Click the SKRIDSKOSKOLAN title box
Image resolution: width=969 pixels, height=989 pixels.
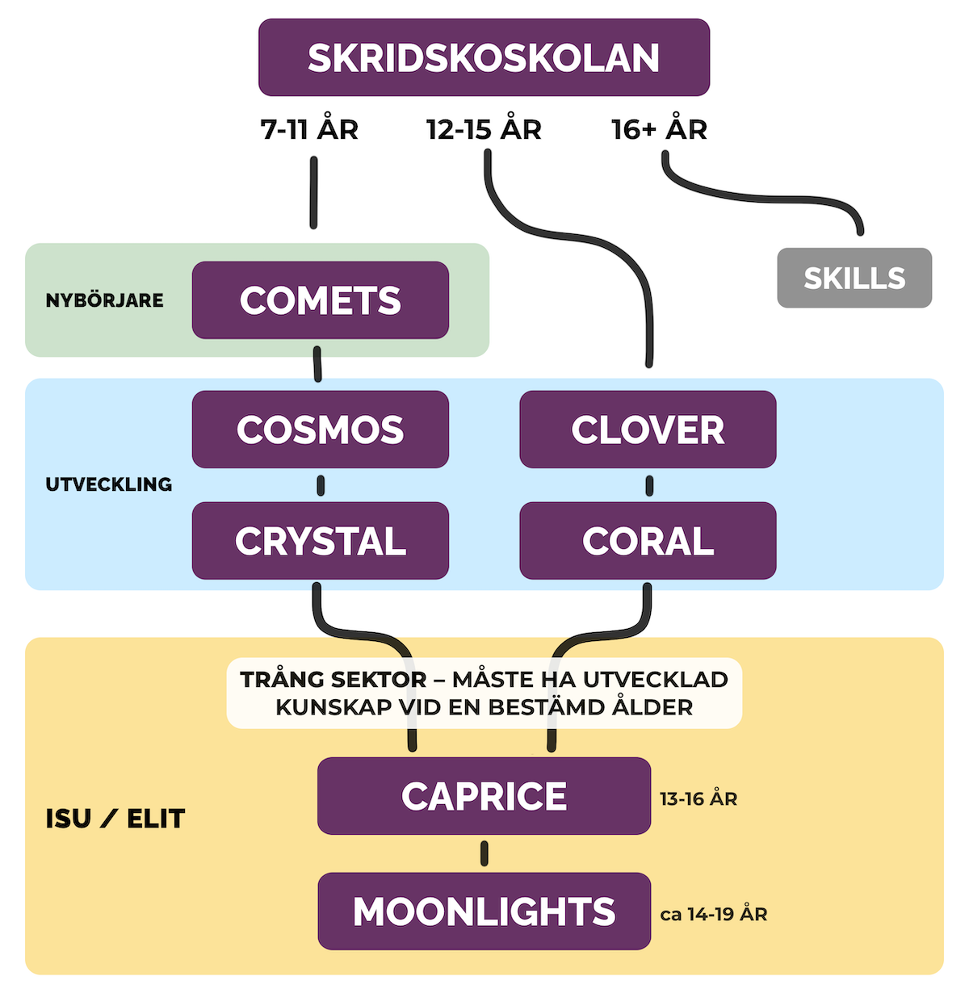point(484,57)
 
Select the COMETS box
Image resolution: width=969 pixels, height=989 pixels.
point(321,300)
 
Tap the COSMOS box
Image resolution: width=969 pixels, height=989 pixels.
point(321,430)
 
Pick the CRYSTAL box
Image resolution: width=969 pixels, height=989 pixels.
point(321,541)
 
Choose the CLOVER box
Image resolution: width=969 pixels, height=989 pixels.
point(648,430)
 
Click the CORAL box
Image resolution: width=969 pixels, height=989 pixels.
point(648,541)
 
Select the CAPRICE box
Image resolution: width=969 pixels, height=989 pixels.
point(484,796)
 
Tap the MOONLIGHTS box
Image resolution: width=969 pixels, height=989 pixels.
point(484,911)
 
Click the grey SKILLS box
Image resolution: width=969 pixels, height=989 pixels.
point(854,278)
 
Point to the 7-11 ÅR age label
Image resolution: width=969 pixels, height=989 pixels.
point(309,129)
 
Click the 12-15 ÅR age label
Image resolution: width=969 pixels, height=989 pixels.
point(484,129)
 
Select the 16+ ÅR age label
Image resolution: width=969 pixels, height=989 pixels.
point(659,129)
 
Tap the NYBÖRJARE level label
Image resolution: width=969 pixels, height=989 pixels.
point(104,300)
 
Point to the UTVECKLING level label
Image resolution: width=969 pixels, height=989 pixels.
point(109,484)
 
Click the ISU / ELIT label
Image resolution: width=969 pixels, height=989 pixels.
point(115,819)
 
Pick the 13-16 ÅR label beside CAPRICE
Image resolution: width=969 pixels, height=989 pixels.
point(698,799)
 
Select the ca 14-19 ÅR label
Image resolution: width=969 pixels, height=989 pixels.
point(714,915)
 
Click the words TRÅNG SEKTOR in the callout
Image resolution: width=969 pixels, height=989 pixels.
point(333,680)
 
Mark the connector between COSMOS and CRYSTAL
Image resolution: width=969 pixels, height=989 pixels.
point(321,485)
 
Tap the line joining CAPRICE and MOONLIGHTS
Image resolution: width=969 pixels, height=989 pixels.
point(484,853)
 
